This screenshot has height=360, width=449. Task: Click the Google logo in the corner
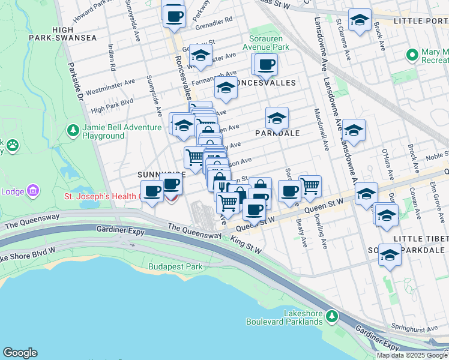pyautogui.click(x=20, y=353)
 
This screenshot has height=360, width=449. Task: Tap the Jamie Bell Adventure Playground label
pyautogui.click(x=103, y=131)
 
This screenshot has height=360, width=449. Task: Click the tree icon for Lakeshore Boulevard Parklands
pyautogui.click(x=331, y=314)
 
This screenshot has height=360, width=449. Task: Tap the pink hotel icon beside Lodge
pyautogui.click(x=34, y=191)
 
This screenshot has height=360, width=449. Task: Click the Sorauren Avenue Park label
pyautogui.click(x=265, y=42)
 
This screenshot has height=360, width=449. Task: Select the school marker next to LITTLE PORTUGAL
pyautogui.click(x=360, y=20)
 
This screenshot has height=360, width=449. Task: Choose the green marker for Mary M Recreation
pyautogui.click(x=412, y=55)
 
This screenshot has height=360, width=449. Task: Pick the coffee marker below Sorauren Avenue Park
pyautogui.click(x=265, y=64)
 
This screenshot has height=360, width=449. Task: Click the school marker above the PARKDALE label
pyautogui.click(x=277, y=118)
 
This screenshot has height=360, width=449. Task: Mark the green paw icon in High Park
pyautogui.click(x=11, y=145)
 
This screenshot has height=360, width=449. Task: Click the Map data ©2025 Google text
pyautogui.click(x=412, y=355)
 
